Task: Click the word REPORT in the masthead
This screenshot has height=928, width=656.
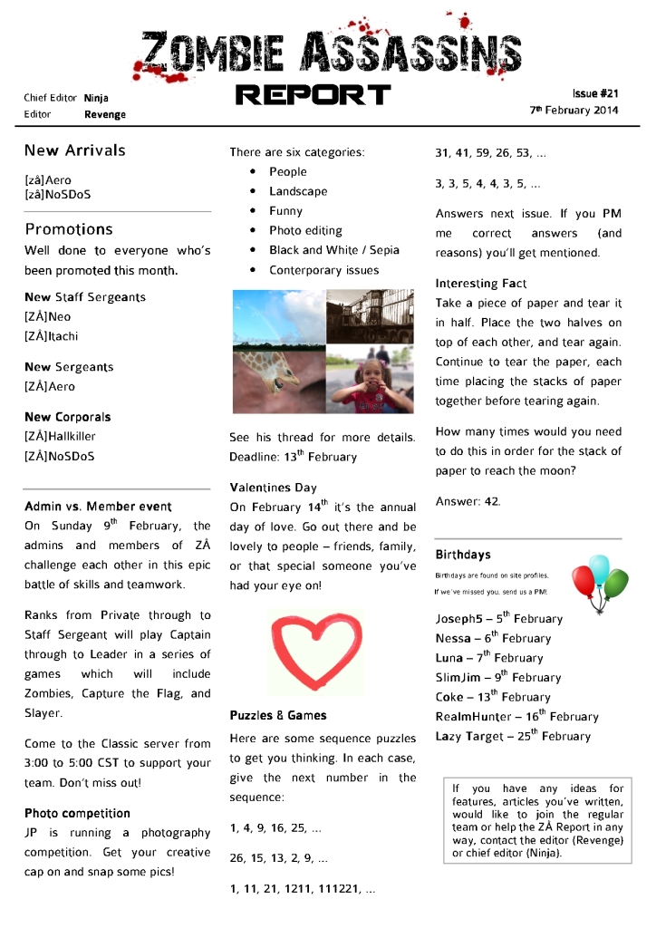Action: [x=313, y=94]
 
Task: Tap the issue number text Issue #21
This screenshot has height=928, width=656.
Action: [x=594, y=93]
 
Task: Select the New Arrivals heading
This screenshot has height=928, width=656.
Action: [x=75, y=150]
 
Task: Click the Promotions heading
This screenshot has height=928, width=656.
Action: [x=69, y=229]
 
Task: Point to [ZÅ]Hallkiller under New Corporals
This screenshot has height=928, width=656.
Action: [x=60, y=437]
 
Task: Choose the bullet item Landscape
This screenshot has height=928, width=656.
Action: [x=298, y=191]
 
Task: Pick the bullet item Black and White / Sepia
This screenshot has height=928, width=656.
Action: [x=333, y=250]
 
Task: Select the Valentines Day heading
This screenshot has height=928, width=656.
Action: [x=273, y=488]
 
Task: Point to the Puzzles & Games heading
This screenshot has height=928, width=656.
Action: [x=278, y=715]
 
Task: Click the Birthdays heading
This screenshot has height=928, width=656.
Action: [x=463, y=555]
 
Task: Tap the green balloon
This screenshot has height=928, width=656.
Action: [x=616, y=581]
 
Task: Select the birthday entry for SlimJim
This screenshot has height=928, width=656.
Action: [x=497, y=677]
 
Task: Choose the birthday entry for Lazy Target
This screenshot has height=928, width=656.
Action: [x=513, y=736]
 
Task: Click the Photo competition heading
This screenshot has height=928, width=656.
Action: [x=77, y=813]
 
